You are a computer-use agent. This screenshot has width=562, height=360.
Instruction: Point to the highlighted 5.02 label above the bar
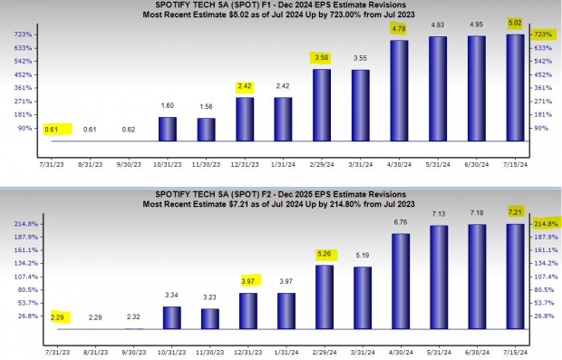point(515,24)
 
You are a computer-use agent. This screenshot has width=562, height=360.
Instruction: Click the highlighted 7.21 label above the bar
point(515,211)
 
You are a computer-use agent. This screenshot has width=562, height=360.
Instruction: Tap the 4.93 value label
point(438,25)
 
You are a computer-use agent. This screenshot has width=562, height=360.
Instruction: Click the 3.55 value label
point(360,58)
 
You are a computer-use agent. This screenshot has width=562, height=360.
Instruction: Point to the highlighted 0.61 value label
point(52,130)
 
